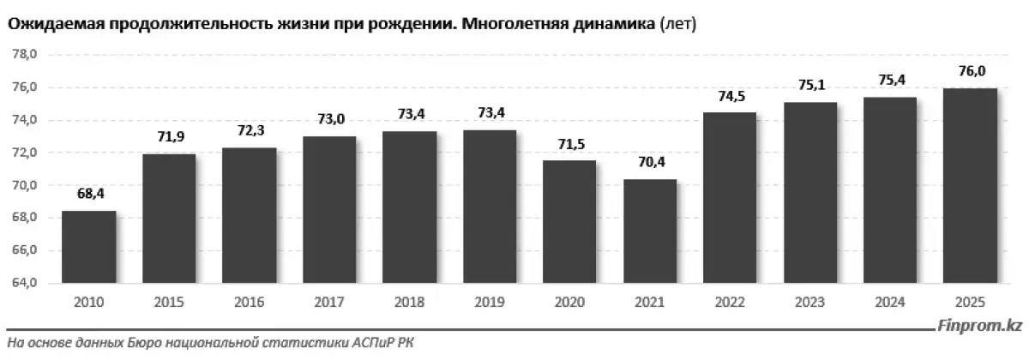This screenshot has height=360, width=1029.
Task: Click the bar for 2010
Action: coord(88,247)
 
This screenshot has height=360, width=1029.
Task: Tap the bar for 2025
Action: coord(970,186)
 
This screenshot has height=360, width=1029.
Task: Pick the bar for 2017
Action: coord(329,210)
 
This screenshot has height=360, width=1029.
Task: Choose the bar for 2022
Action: coord(730,198)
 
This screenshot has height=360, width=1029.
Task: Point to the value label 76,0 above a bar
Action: coord(970,72)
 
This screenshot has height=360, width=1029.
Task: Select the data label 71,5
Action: coord(569,142)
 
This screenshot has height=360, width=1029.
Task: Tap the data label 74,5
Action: coord(730,96)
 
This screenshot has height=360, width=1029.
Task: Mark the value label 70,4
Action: coord(650,161)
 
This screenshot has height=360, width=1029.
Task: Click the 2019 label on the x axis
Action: coord(490,304)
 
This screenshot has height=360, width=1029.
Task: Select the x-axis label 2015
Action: coord(169,304)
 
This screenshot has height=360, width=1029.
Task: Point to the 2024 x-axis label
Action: coord(890,304)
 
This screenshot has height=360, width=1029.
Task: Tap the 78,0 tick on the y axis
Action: coord(23,55)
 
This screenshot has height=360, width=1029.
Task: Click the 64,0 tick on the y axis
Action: coord(23,284)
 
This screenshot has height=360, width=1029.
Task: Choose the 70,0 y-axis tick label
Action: coord(23,186)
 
